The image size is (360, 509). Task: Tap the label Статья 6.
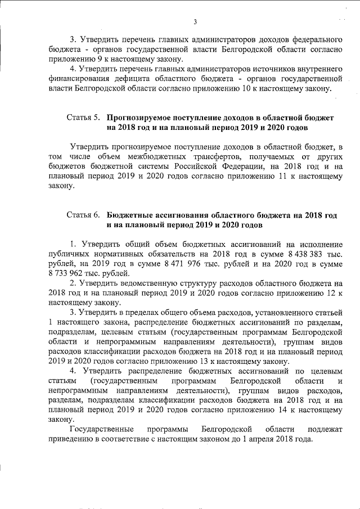click(x=83, y=215)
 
